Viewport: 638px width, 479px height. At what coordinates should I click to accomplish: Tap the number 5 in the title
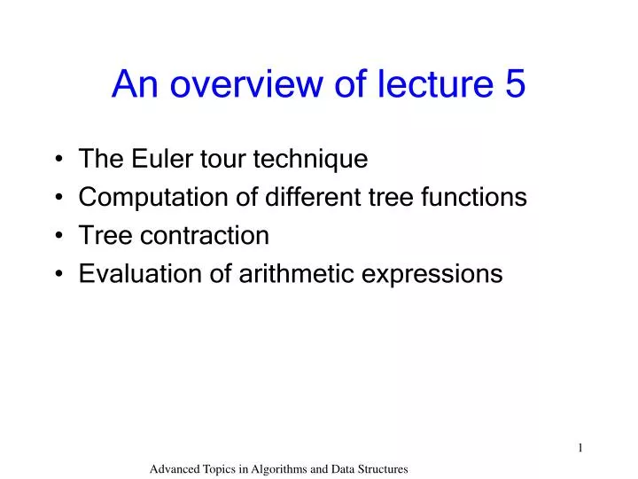click(x=515, y=84)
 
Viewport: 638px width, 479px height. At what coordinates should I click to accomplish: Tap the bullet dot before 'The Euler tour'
click(x=58, y=161)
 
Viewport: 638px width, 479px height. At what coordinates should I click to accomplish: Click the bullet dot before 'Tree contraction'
click(x=58, y=237)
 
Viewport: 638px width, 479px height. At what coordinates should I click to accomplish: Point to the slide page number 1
click(x=580, y=448)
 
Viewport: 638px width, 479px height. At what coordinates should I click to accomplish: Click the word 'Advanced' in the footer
click(x=175, y=467)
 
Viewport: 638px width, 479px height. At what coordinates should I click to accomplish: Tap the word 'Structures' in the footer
click(x=380, y=467)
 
